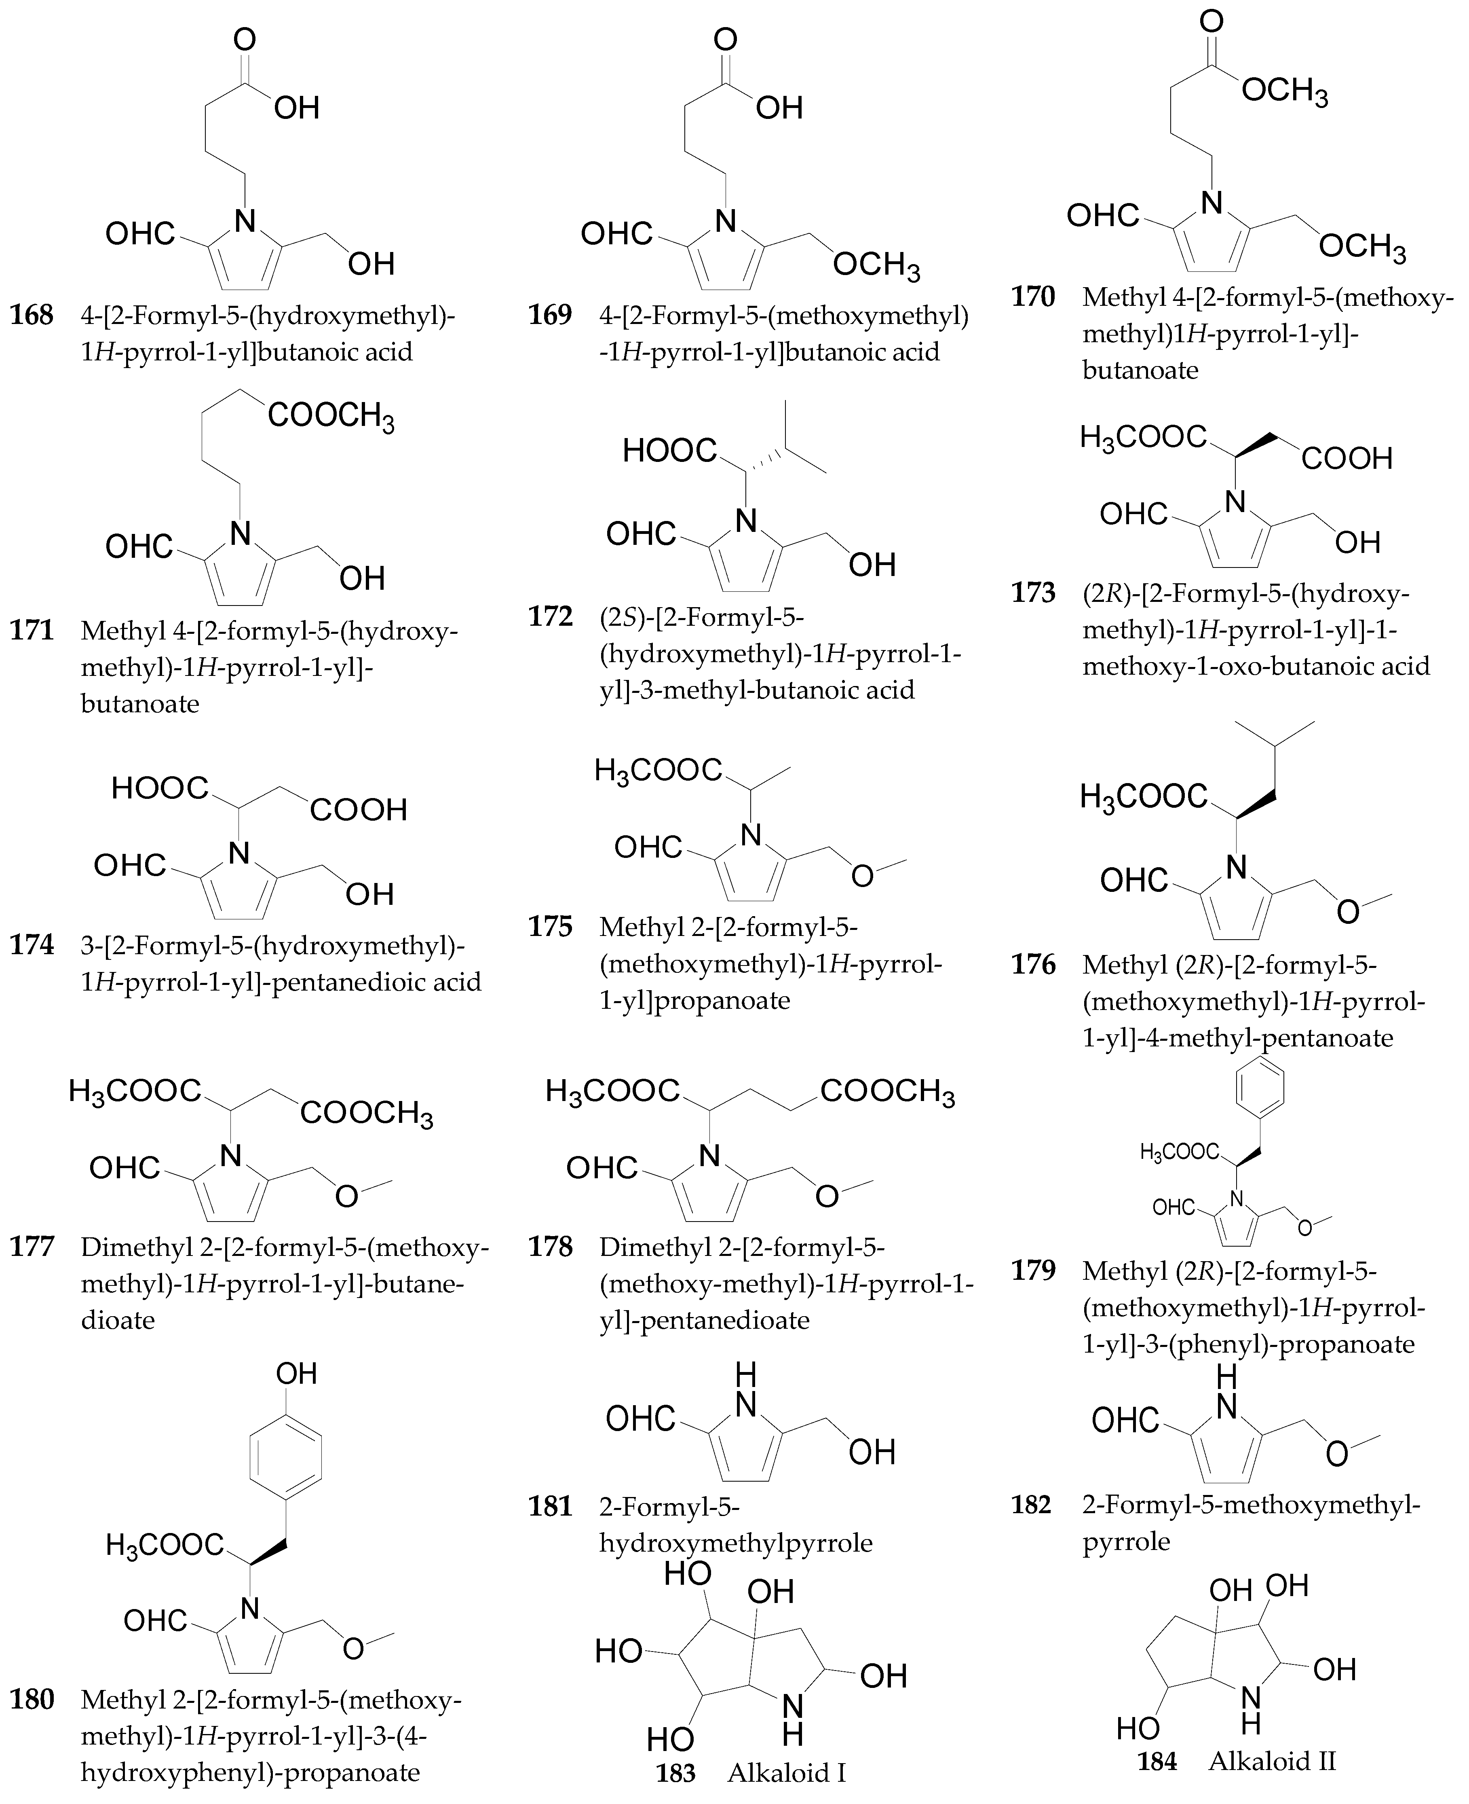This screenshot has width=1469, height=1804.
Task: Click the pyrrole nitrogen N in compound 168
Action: (245, 222)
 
